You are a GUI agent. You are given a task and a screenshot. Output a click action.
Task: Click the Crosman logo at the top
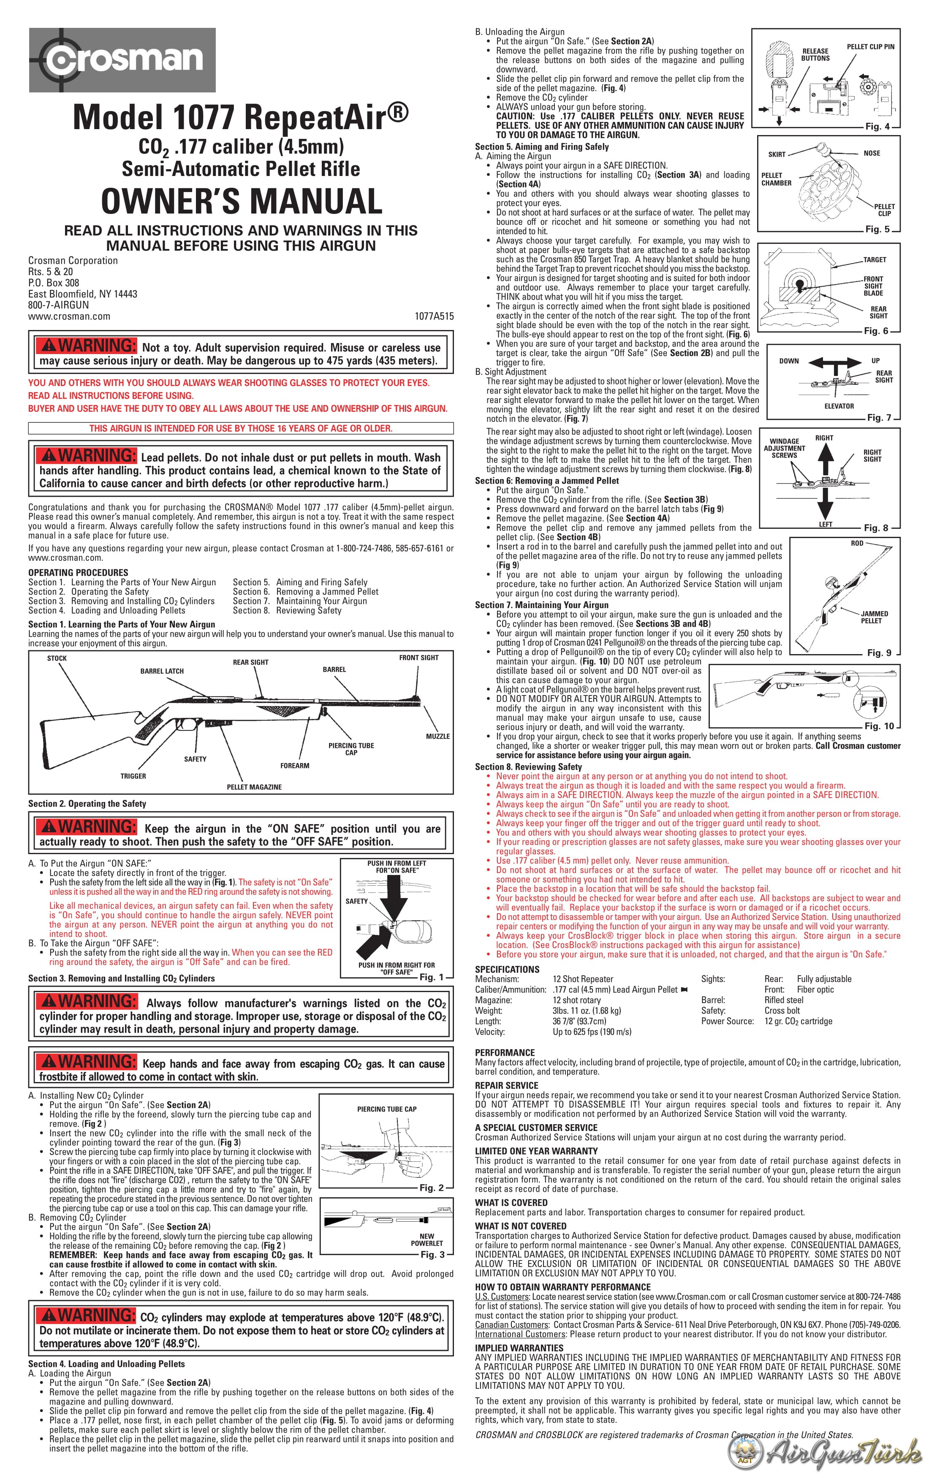coord(122,60)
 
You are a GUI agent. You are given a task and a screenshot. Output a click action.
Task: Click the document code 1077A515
coord(434,316)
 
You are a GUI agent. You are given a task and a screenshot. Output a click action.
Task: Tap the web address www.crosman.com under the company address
coord(69,316)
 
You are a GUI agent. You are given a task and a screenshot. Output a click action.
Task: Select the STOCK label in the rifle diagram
coord(57,658)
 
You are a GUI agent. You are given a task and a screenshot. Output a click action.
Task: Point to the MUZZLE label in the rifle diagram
coord(437,736)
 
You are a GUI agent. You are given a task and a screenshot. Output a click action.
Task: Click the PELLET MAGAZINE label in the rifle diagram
coord(254,787)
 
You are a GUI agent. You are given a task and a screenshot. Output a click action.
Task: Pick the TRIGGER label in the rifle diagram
coord(133,776)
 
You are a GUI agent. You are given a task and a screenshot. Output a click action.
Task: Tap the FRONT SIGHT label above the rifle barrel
coord(418,657)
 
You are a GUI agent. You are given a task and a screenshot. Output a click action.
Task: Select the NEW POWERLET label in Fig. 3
coord(426,1240)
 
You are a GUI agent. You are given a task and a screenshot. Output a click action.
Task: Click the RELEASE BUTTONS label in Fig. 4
coord(815,54)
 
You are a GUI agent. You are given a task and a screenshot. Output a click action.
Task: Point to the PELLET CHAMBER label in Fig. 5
coord(776,179)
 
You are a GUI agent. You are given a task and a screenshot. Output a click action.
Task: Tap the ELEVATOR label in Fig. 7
coord(839,406)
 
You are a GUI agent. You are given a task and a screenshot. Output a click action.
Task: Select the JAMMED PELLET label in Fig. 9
coord(874,617)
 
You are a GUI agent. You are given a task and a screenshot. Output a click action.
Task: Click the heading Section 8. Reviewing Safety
coord(528,767)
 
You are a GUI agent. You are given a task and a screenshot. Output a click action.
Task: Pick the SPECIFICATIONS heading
coord(507,969)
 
